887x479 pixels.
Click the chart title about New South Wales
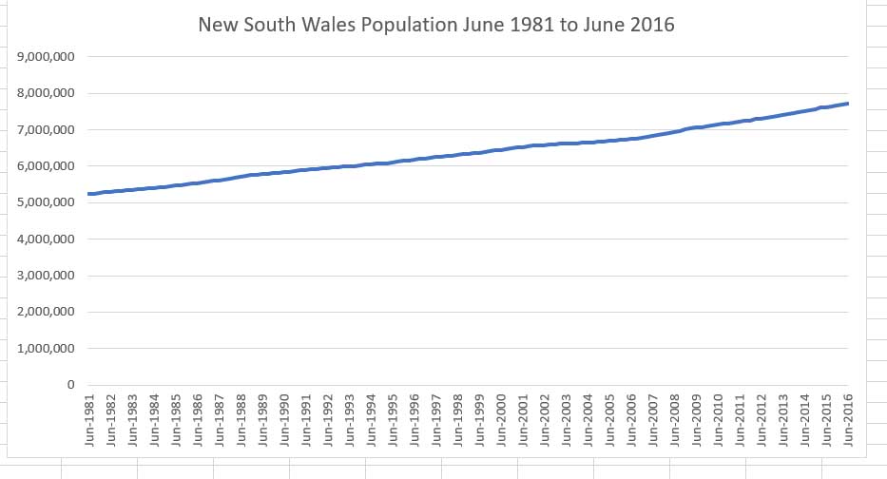click(x=435, y=26)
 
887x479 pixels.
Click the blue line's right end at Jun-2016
click(x=848, y=105)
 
